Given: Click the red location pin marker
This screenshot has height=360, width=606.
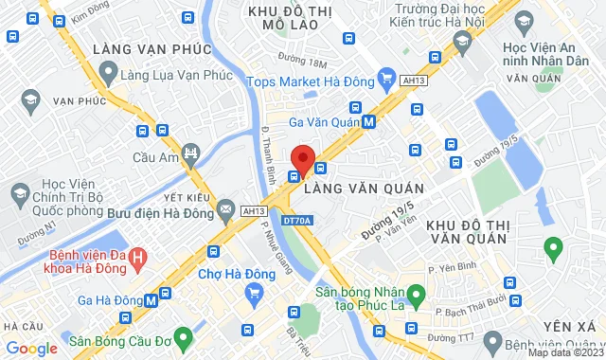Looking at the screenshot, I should pos(303,158).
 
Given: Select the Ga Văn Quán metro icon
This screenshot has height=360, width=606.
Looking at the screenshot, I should pos(368,121).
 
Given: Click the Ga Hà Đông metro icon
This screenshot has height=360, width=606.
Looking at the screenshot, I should pos(151,299).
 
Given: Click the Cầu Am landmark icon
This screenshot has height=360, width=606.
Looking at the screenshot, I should pos(193,153).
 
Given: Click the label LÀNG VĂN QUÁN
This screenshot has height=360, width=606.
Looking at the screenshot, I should pos(363,189).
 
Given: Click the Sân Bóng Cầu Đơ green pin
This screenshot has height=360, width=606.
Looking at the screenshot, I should pos(183,335).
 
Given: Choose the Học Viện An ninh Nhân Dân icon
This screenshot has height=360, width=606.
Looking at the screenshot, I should pos(462,41).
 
